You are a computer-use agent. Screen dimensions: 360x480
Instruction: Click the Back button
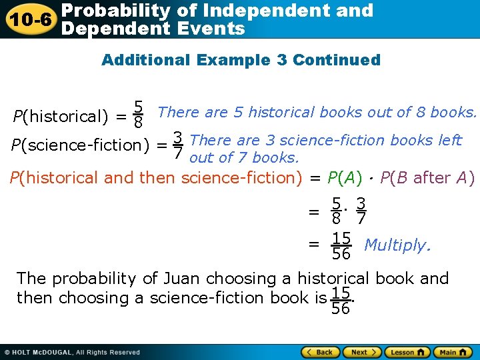(x=321, y=352)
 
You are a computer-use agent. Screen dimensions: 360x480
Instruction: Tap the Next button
(x=363, y=352)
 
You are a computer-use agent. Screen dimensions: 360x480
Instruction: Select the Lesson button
(x=405, y=352)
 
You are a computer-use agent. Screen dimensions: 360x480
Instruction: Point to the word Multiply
(x=397, y=245)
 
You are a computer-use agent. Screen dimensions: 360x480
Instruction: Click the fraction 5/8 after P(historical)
(x=138, y=115)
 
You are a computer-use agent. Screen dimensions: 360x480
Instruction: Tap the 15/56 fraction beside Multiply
(x=341, y=245)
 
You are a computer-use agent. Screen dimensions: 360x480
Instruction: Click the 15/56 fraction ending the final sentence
(x=341, y=300)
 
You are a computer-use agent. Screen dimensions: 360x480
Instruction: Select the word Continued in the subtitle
(x=337, y=60)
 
